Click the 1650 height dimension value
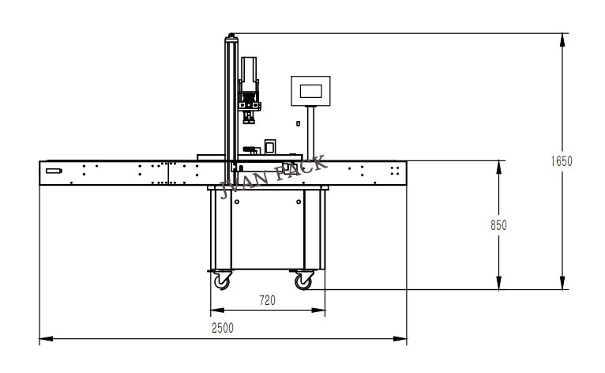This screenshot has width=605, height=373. pyautogui.click(x=561, y=161)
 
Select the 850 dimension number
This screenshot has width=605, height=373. pyautogui.click(x=498, y=225)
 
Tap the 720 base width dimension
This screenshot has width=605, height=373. pyautogui.click(x=268, y=301)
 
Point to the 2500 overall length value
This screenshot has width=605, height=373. pyautogui.click(x=223, y=328)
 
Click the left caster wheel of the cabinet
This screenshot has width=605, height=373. pyautogui.click(x=223, y=280)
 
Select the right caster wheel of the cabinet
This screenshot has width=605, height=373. pyautogui.click(x=304, y=280)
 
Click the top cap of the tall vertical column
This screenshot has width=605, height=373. pyautogui.click(x=231, y=35)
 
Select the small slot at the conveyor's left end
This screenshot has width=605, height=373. pyautogui.click(x=54, y=171)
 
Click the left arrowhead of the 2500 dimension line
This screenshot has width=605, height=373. pyautogui.click(x=43, y=340)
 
